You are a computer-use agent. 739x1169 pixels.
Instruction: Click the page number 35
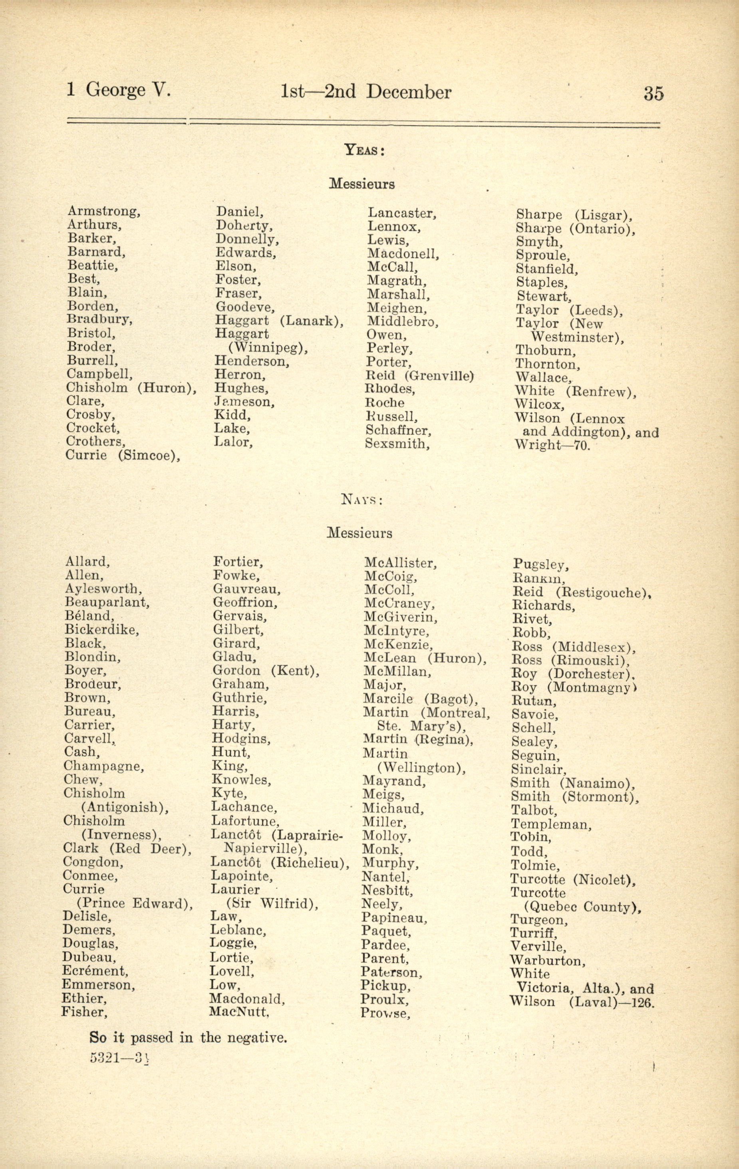653,93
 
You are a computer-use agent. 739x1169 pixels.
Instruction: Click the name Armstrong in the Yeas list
103,211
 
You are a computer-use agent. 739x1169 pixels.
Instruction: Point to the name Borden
92,306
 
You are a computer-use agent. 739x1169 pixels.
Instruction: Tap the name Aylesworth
103,589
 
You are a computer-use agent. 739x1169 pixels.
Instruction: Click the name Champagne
103,766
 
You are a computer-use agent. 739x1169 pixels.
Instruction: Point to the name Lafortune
245,821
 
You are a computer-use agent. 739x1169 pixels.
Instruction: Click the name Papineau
394,918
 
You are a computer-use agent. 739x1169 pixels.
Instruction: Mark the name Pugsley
540,565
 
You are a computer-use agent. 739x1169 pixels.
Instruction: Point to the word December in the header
409,92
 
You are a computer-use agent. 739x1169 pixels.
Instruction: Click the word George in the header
115,90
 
